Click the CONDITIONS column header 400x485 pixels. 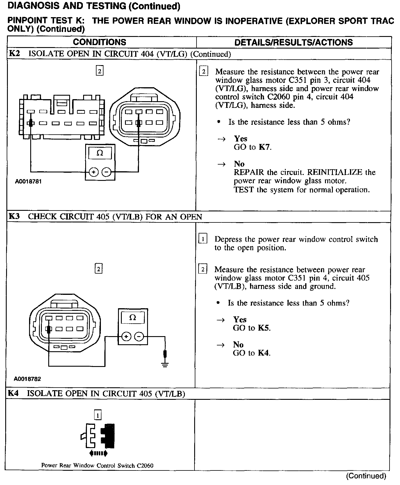(99, 42)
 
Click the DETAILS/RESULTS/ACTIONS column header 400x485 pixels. (293, 42)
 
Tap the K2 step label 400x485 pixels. (14, 54)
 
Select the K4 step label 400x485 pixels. (13, 393)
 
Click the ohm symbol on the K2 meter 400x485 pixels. (100, 153)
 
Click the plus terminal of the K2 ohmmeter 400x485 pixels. (94, 172)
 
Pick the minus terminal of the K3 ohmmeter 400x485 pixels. (140, 337)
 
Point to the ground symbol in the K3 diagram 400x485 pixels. (165, 364)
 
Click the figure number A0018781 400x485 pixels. (28, 181)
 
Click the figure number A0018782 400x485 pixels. (28, 379)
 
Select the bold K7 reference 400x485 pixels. (264, 147)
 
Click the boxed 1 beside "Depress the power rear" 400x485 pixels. (203, 239)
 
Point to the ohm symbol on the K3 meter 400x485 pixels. (133, 318)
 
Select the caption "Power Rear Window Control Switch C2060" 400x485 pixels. (97, 465)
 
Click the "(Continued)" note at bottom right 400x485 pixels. (366, 476)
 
